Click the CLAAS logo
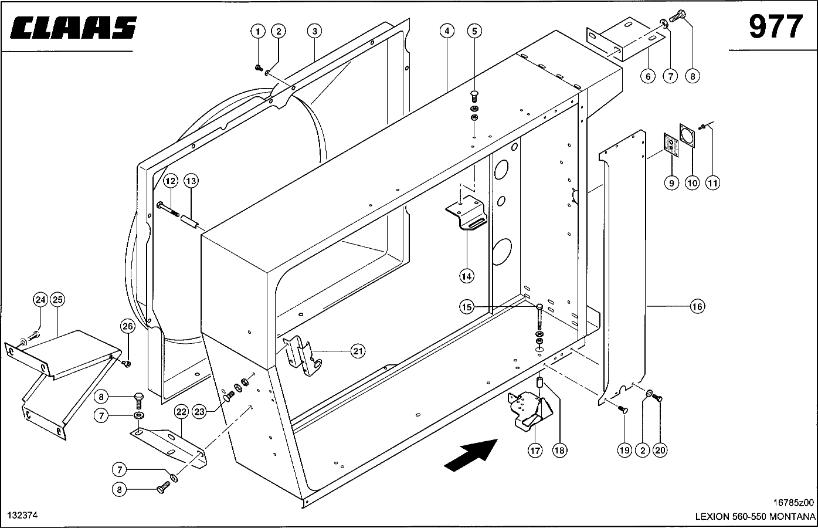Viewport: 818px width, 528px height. (x=73, y=28)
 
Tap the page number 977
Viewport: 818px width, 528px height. (x=776, y=26)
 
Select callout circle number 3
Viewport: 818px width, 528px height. (x=314, y=31)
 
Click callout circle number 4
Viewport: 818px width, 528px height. (x=447, y=31)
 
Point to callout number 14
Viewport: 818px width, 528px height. (x=466, y=276)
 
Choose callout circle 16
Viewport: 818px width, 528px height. (x=697, y=306)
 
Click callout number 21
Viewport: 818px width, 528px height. (x=358, y=351)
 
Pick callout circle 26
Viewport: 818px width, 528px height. (x=127, y=326)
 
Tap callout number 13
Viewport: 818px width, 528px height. (x=191, y=181)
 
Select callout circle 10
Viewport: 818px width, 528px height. (x=692, y=182)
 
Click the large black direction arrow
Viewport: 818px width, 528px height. (x=471, y=455)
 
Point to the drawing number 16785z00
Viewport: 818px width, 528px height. (x=793, y=502)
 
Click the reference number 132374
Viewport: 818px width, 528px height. (x=23, y=515)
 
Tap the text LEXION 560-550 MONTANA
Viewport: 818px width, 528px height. (x=755, y=517)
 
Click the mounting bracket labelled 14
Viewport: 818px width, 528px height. (x=467, y=212)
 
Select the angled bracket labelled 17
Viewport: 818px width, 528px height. (x=530, y=411)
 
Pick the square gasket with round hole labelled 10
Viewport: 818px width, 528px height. (x=687, y=136)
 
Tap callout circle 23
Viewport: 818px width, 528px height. (x=199, y=412)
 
